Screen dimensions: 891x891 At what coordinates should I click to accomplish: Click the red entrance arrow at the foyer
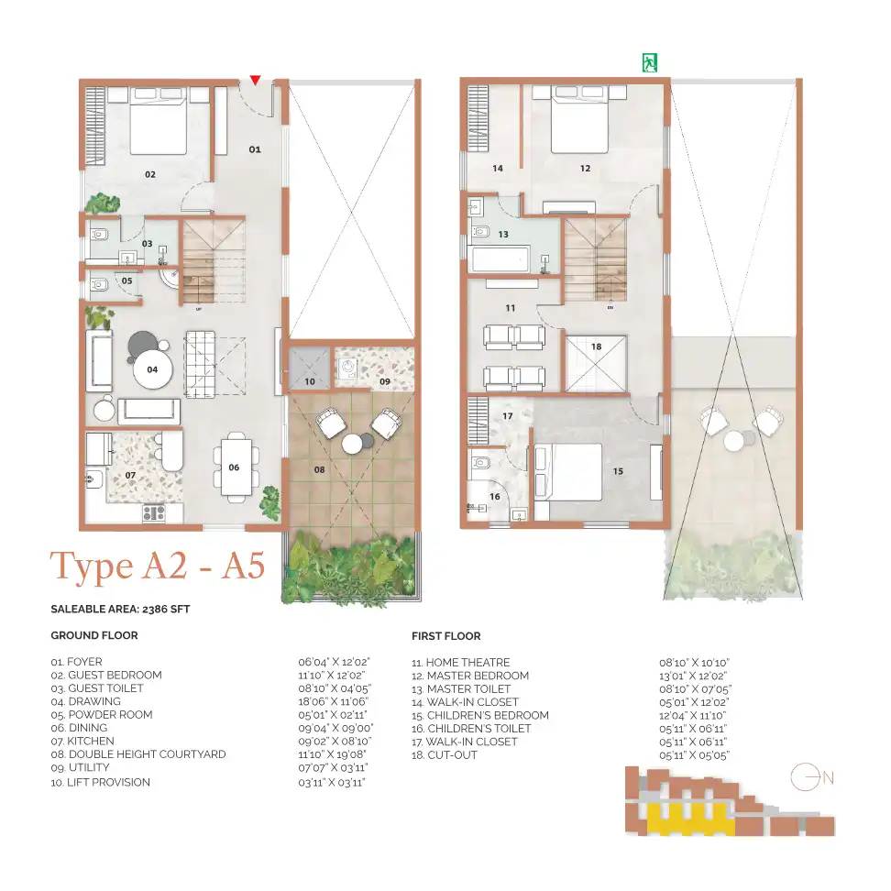tap(256, 82)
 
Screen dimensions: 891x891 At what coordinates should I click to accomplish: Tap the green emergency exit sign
tap(650, 62)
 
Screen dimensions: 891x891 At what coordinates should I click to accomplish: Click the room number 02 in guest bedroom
tap(149, 173)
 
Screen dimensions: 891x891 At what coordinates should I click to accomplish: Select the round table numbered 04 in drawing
tap(152, 371)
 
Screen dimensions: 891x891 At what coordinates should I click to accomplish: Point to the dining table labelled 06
tap(234, 467)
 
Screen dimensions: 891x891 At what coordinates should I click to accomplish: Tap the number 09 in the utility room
tap(385, 380)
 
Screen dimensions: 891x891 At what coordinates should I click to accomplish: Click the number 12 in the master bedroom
tap(585, 168)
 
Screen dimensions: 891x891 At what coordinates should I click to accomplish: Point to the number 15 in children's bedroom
tap(618, 471)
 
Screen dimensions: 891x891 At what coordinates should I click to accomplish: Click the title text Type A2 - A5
tap(158, 566)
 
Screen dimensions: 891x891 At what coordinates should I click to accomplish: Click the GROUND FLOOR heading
tap(93, 635)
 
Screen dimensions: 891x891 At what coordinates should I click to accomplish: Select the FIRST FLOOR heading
tap(446, 635)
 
